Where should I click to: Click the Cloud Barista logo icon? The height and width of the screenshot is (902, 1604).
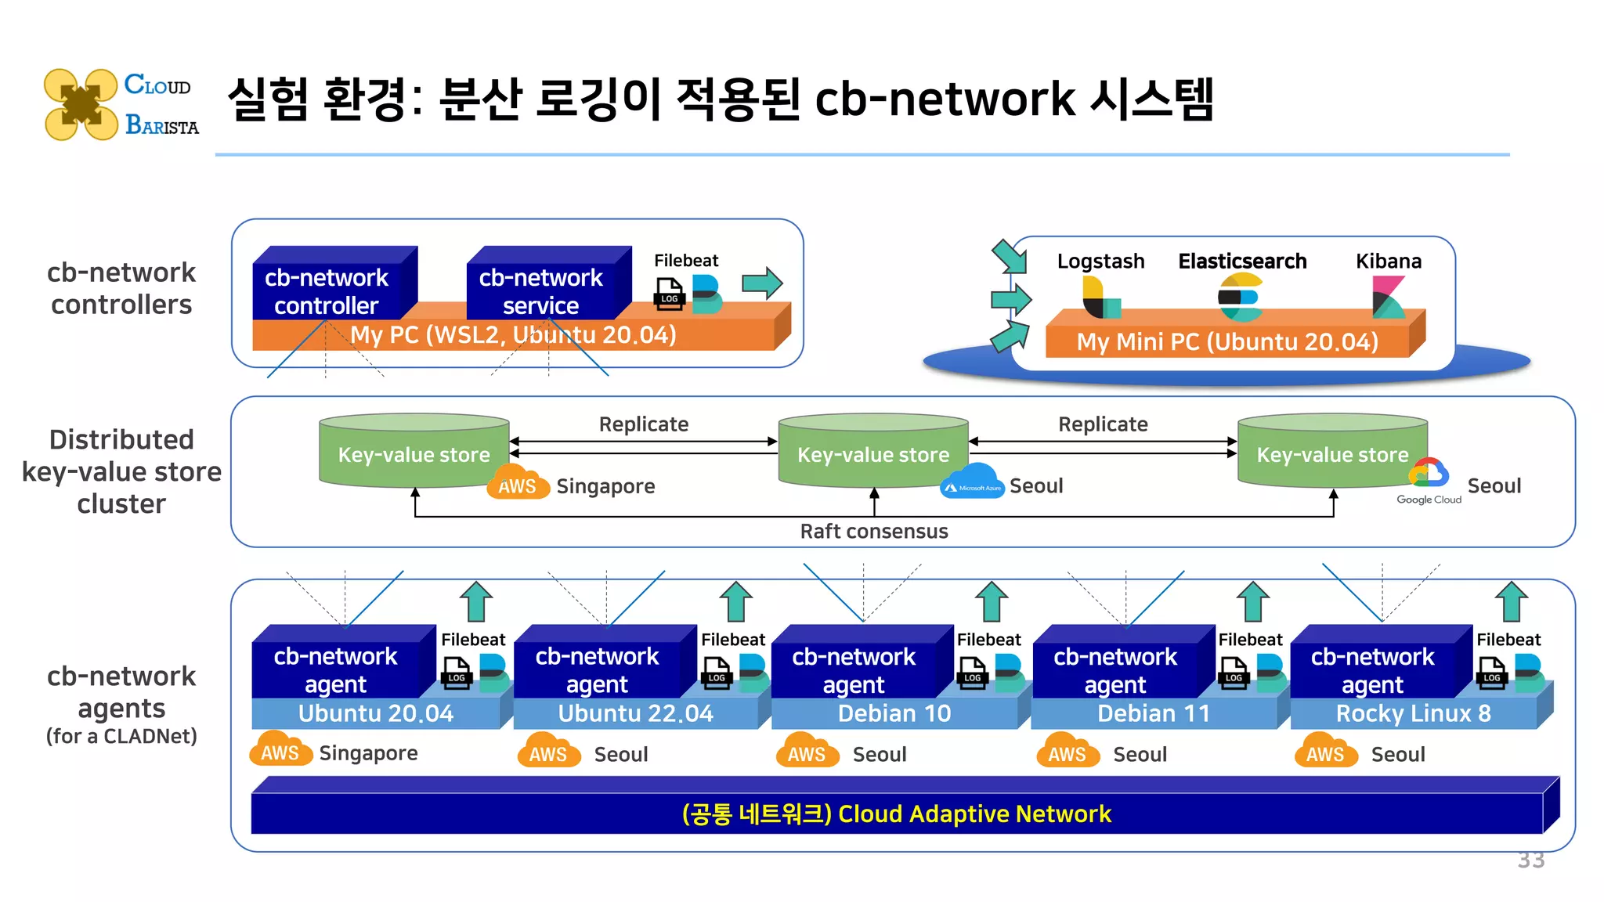coord(81,104)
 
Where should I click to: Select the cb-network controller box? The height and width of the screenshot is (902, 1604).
coord(327,290)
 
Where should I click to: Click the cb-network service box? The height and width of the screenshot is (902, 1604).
coord(540,290)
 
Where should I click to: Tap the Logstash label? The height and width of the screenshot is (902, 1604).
coord(1100,262)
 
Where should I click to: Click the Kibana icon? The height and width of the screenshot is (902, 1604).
coord(1388,298)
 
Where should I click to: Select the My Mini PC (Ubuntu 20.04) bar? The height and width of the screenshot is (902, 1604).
coord(1227,342)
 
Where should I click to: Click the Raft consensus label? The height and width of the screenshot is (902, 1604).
coord(873,532)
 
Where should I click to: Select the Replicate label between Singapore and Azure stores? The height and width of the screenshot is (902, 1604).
coord(643,424)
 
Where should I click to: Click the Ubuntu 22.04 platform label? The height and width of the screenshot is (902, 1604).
coord(635,714)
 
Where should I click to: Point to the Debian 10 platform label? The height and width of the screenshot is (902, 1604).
coord(894,714)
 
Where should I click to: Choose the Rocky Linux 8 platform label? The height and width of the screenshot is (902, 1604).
coord(1413,714)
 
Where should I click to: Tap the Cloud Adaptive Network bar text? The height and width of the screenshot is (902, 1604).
coord(896,814)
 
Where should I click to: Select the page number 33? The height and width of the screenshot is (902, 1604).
coord(1530,860)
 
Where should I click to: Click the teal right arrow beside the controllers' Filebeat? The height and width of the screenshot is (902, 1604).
coord(762,283)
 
